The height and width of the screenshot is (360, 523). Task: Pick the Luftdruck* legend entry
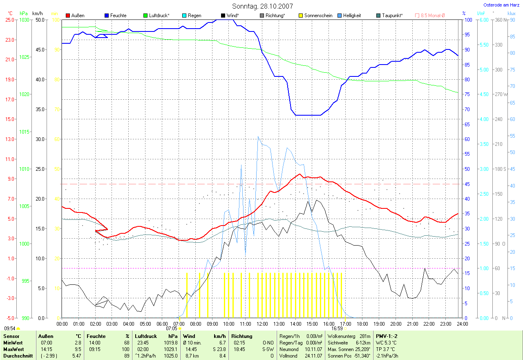click(157, 16)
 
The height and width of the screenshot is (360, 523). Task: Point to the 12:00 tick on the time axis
click(262, 324)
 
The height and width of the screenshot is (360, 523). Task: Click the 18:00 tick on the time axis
click(362, 324)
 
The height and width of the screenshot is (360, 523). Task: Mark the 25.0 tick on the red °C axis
click(9, 20)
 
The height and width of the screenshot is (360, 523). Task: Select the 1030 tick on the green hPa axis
click(25, 20)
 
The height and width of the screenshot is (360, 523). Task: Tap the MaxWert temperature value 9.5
click(77, 349)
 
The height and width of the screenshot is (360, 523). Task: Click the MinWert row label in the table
click(13, 343)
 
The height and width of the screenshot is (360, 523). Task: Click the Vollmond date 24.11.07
click(313, 356)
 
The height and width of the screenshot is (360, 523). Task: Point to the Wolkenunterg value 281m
click(365, 336)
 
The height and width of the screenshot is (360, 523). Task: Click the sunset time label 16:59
click(337, 328)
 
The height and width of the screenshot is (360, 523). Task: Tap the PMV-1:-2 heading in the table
click(387, 336)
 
